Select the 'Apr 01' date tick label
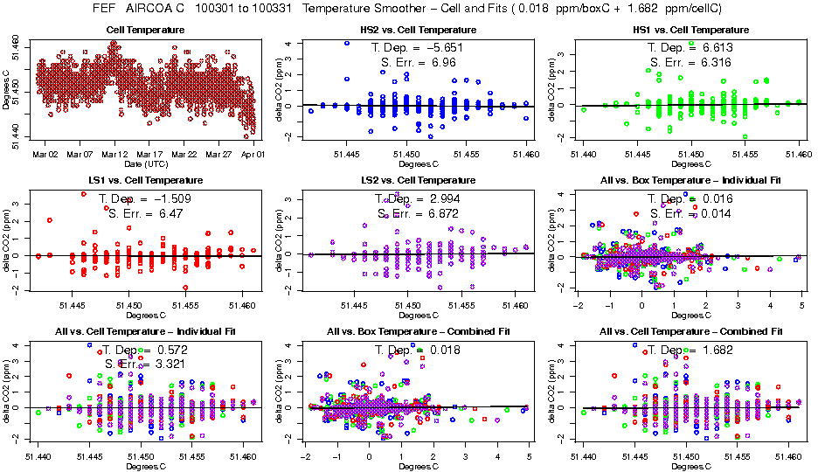click(253, 154)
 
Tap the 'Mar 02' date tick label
click(45, 154)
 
